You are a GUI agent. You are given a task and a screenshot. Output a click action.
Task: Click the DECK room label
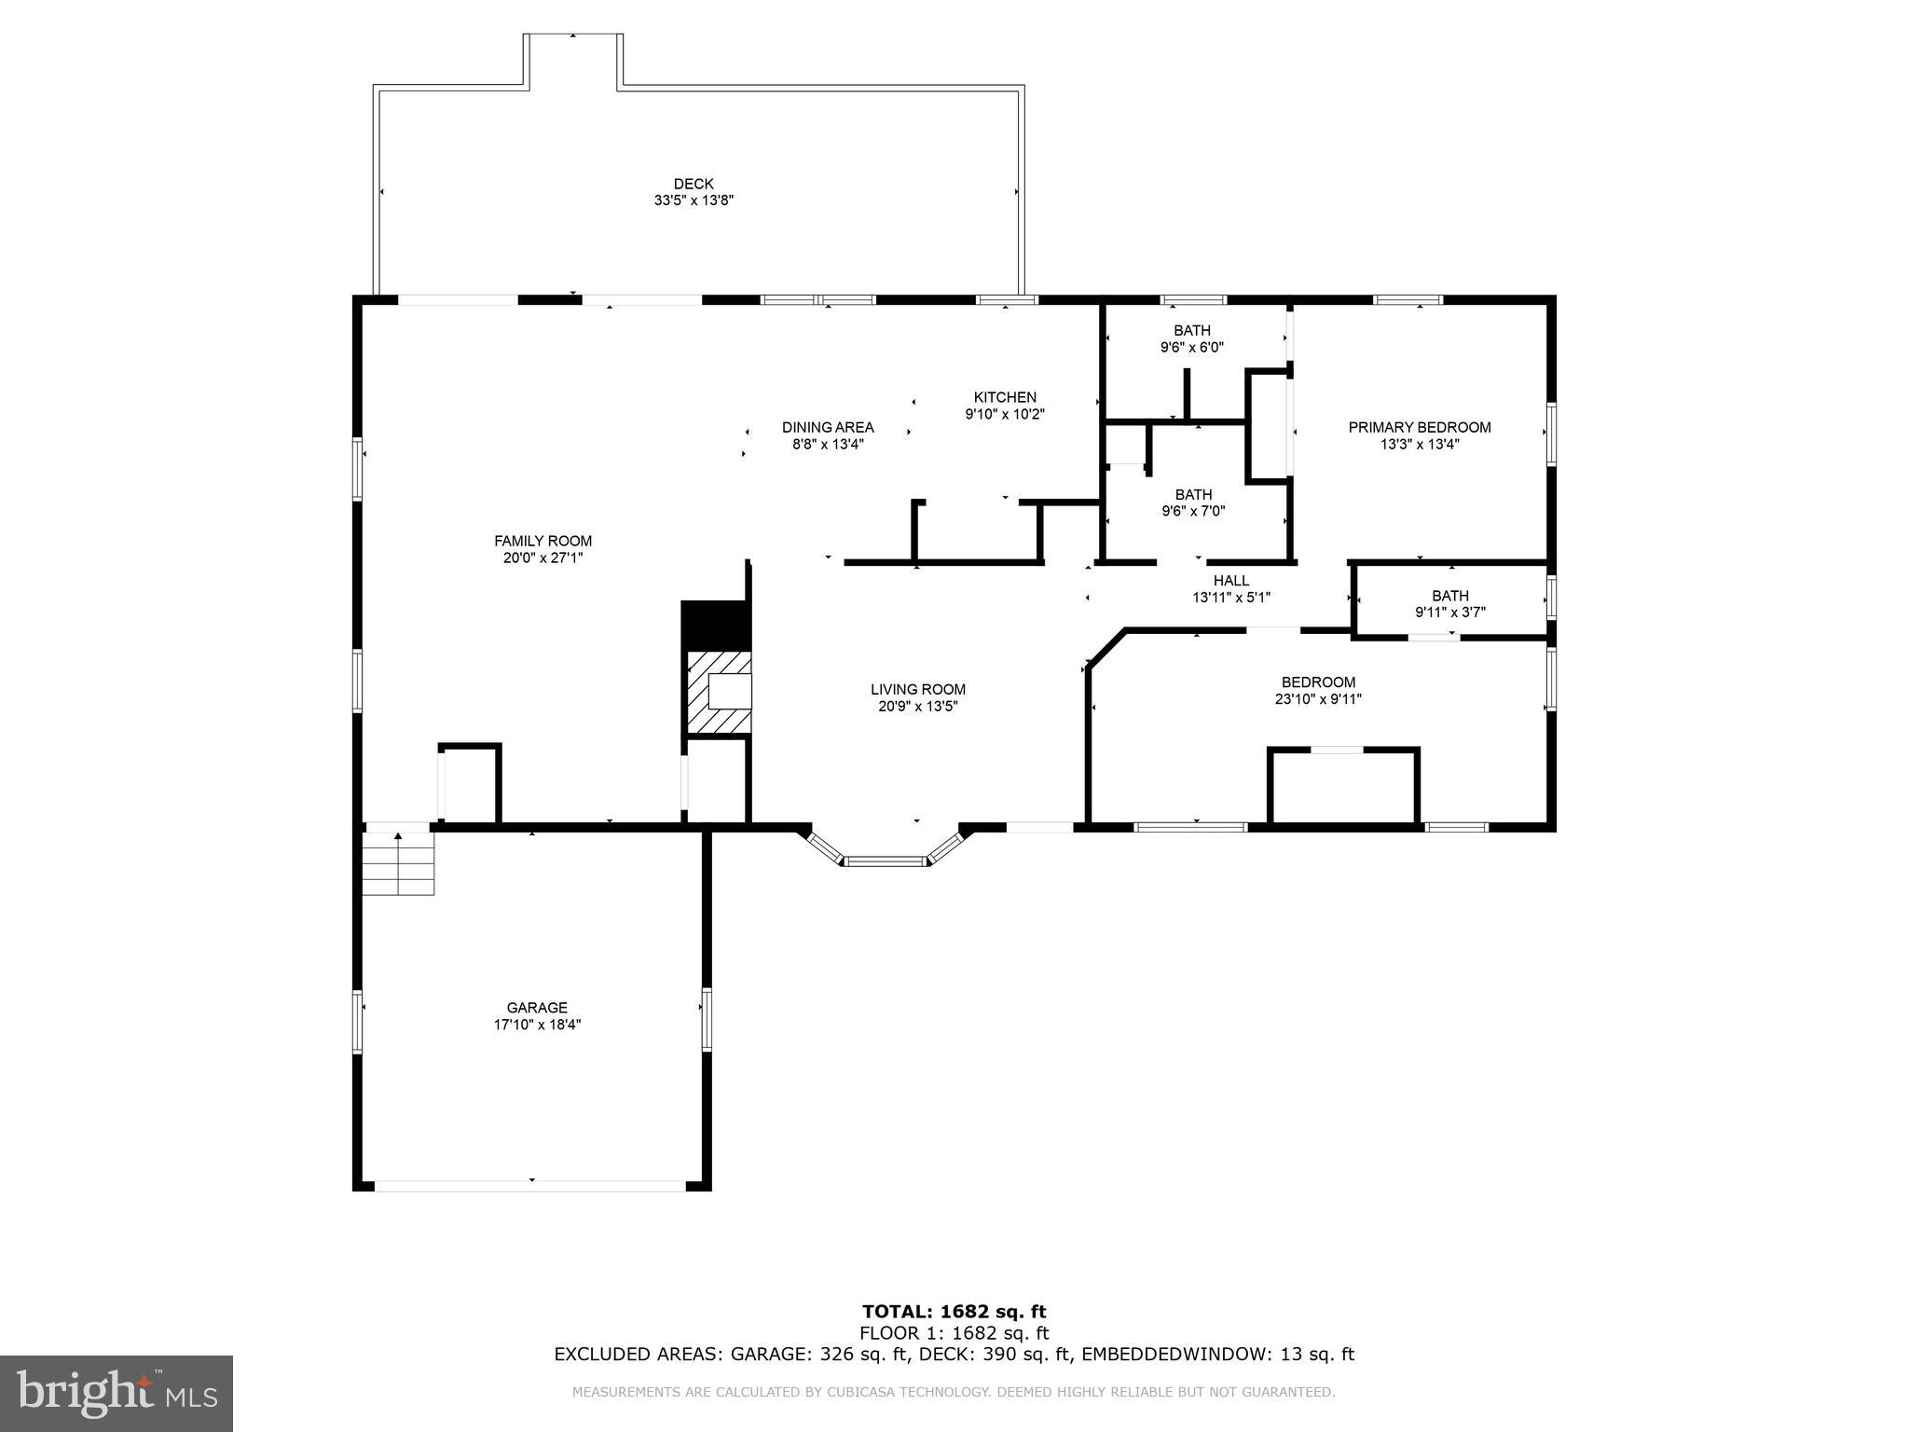[694, 185]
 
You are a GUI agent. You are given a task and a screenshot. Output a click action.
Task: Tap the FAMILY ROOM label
[542, 541]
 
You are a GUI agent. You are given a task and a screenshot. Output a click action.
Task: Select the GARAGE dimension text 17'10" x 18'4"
[537, 1025]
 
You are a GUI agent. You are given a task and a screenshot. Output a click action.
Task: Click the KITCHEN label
[1005, 397]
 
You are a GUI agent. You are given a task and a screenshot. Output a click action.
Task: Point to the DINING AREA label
[828, 428]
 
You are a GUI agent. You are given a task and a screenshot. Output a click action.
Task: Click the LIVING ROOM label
[917, 690]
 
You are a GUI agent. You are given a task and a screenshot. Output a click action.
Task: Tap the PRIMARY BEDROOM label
[1419, 428]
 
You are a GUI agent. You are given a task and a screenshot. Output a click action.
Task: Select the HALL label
[1230, 581]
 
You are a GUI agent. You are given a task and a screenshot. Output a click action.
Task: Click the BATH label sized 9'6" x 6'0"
[1191, 331]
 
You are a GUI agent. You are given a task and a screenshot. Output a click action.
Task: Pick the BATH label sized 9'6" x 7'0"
[1193, 495]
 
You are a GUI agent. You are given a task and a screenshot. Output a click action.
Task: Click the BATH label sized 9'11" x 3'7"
[1449, 597]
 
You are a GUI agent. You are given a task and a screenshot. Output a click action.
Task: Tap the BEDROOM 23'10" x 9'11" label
[1318, 682]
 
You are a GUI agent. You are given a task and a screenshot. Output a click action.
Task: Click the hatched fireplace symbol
[719, 693]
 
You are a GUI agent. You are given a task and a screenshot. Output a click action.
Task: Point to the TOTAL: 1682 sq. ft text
[954, 1313]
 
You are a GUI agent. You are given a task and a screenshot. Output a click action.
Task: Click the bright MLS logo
[116, 1393]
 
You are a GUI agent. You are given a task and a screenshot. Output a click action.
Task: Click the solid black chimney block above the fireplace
[715, 625]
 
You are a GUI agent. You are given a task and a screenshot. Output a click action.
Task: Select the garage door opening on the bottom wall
[530, 1186]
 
